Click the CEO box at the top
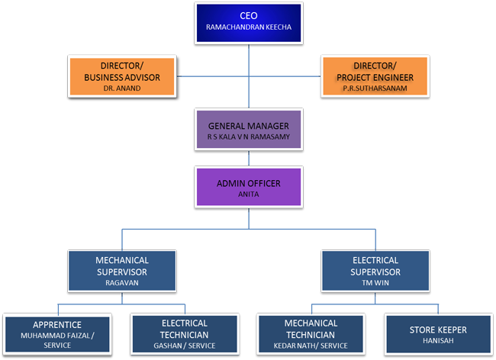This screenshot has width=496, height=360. click(x=247, y=24)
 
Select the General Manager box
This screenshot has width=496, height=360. click(x=248, y=130)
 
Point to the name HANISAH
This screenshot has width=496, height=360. click(x=439, y=342)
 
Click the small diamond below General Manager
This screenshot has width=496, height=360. click(x=248, y=159)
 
